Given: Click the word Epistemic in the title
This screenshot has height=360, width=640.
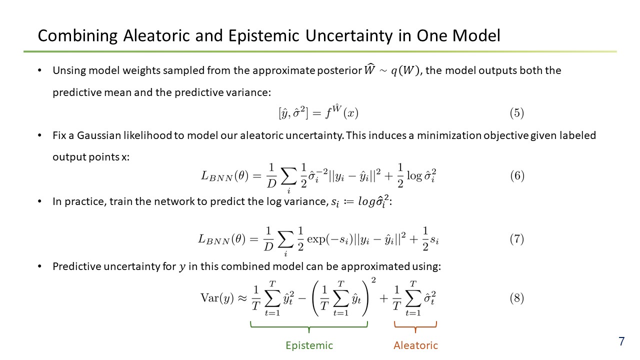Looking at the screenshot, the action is click(x=263, y=35).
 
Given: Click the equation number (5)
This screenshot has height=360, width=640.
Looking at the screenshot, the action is click(x=517, y=113).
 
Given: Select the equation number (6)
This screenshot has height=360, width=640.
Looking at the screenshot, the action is click(x=517, y=175).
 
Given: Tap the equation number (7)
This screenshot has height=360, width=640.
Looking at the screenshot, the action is click(x=517, y=239).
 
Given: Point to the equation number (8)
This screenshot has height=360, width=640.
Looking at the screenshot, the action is click(x=517, y=298).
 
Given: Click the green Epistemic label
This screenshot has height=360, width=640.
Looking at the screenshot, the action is click(x=309, y=345).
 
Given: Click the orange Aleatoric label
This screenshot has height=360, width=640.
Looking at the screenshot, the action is click(x=415, y=345).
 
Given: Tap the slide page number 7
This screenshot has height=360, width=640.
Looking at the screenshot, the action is click(x=621, y=341).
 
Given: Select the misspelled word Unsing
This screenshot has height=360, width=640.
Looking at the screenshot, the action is click(x=69, y=70).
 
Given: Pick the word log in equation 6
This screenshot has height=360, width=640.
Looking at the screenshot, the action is click(x=414, y=175).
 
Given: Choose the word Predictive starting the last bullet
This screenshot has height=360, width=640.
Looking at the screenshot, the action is click(x=76, y=266).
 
